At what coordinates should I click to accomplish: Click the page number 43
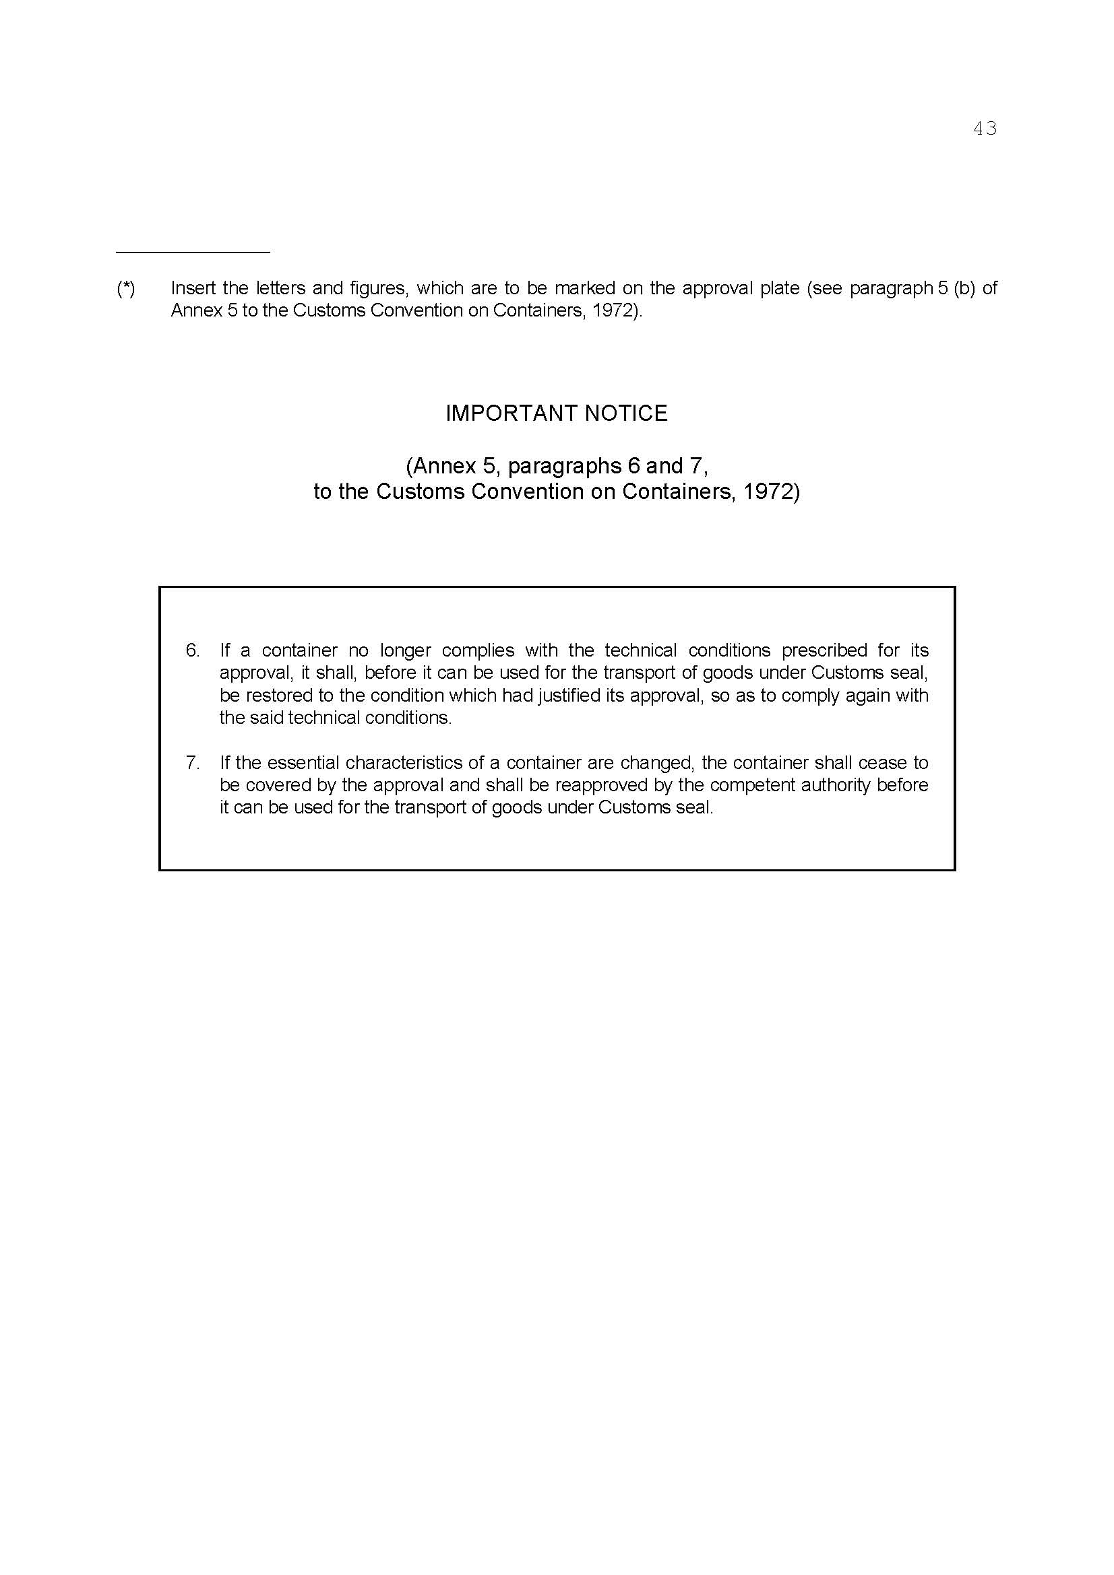pyautogui.click(x=985, y=129)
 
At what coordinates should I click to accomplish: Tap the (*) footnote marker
pyautogui.click(x=125, y=288)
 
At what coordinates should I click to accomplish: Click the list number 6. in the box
pyautogui.click(x=193, y=650)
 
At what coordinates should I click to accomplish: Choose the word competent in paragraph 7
pyautogui.click(x=744, y=784)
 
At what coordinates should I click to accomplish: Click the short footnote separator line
pyautogui.click(x=193, y=253)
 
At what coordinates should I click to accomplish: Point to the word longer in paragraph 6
pyautogui.click(x=406, y=650)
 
